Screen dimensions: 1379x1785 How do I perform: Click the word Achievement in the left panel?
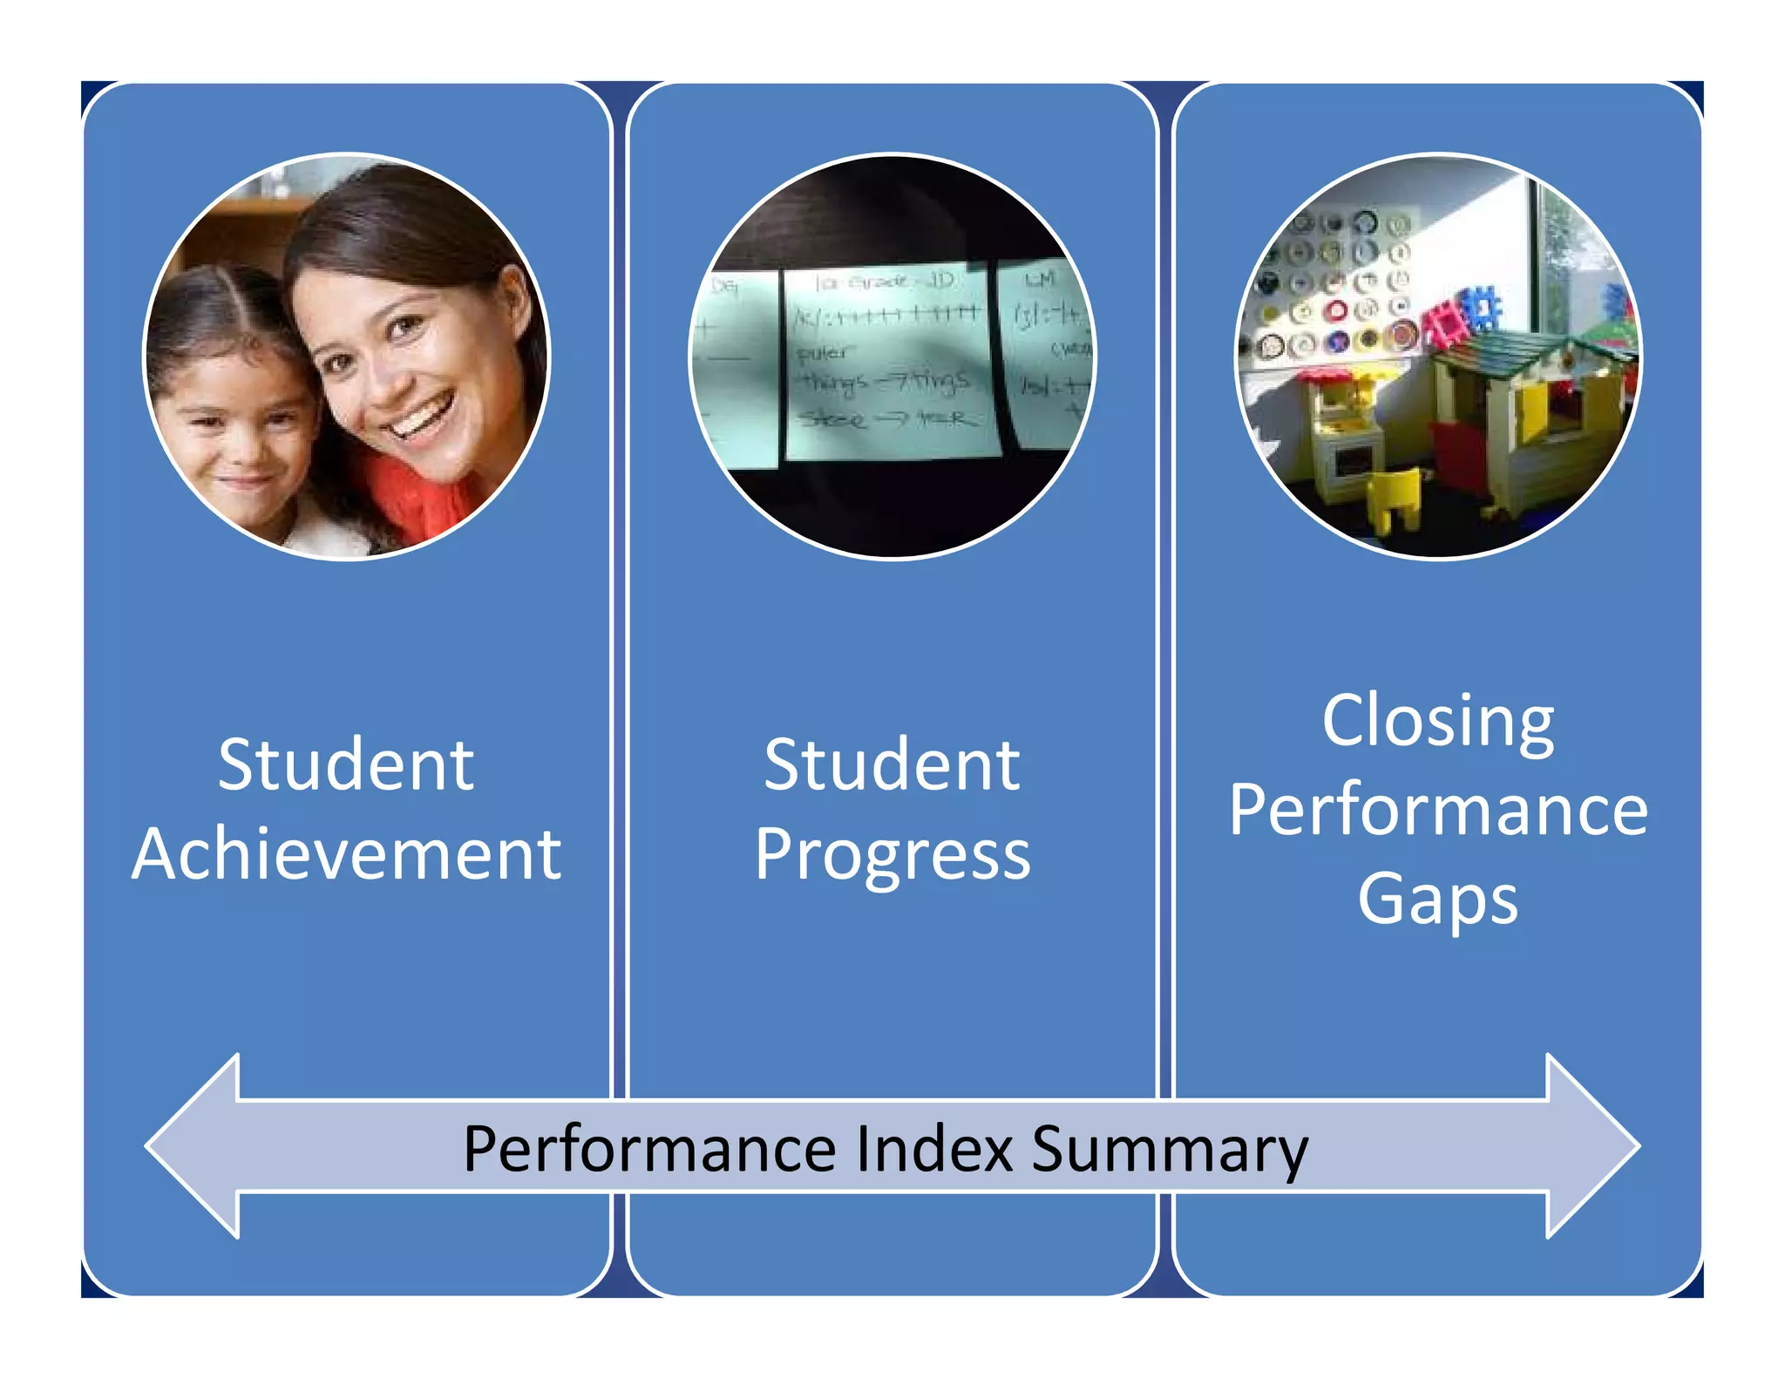click(x=346, y=854)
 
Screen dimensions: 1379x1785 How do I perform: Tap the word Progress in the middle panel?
click(x=892, y=856)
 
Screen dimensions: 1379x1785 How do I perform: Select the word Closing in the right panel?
click(x=1438, y=722)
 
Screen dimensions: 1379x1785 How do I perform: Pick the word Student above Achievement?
click(x=346, y=764)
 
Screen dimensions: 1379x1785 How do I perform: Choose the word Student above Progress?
click(x=892, y=764)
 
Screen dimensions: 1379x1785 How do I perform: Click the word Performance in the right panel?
click(x=1438, y=811)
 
